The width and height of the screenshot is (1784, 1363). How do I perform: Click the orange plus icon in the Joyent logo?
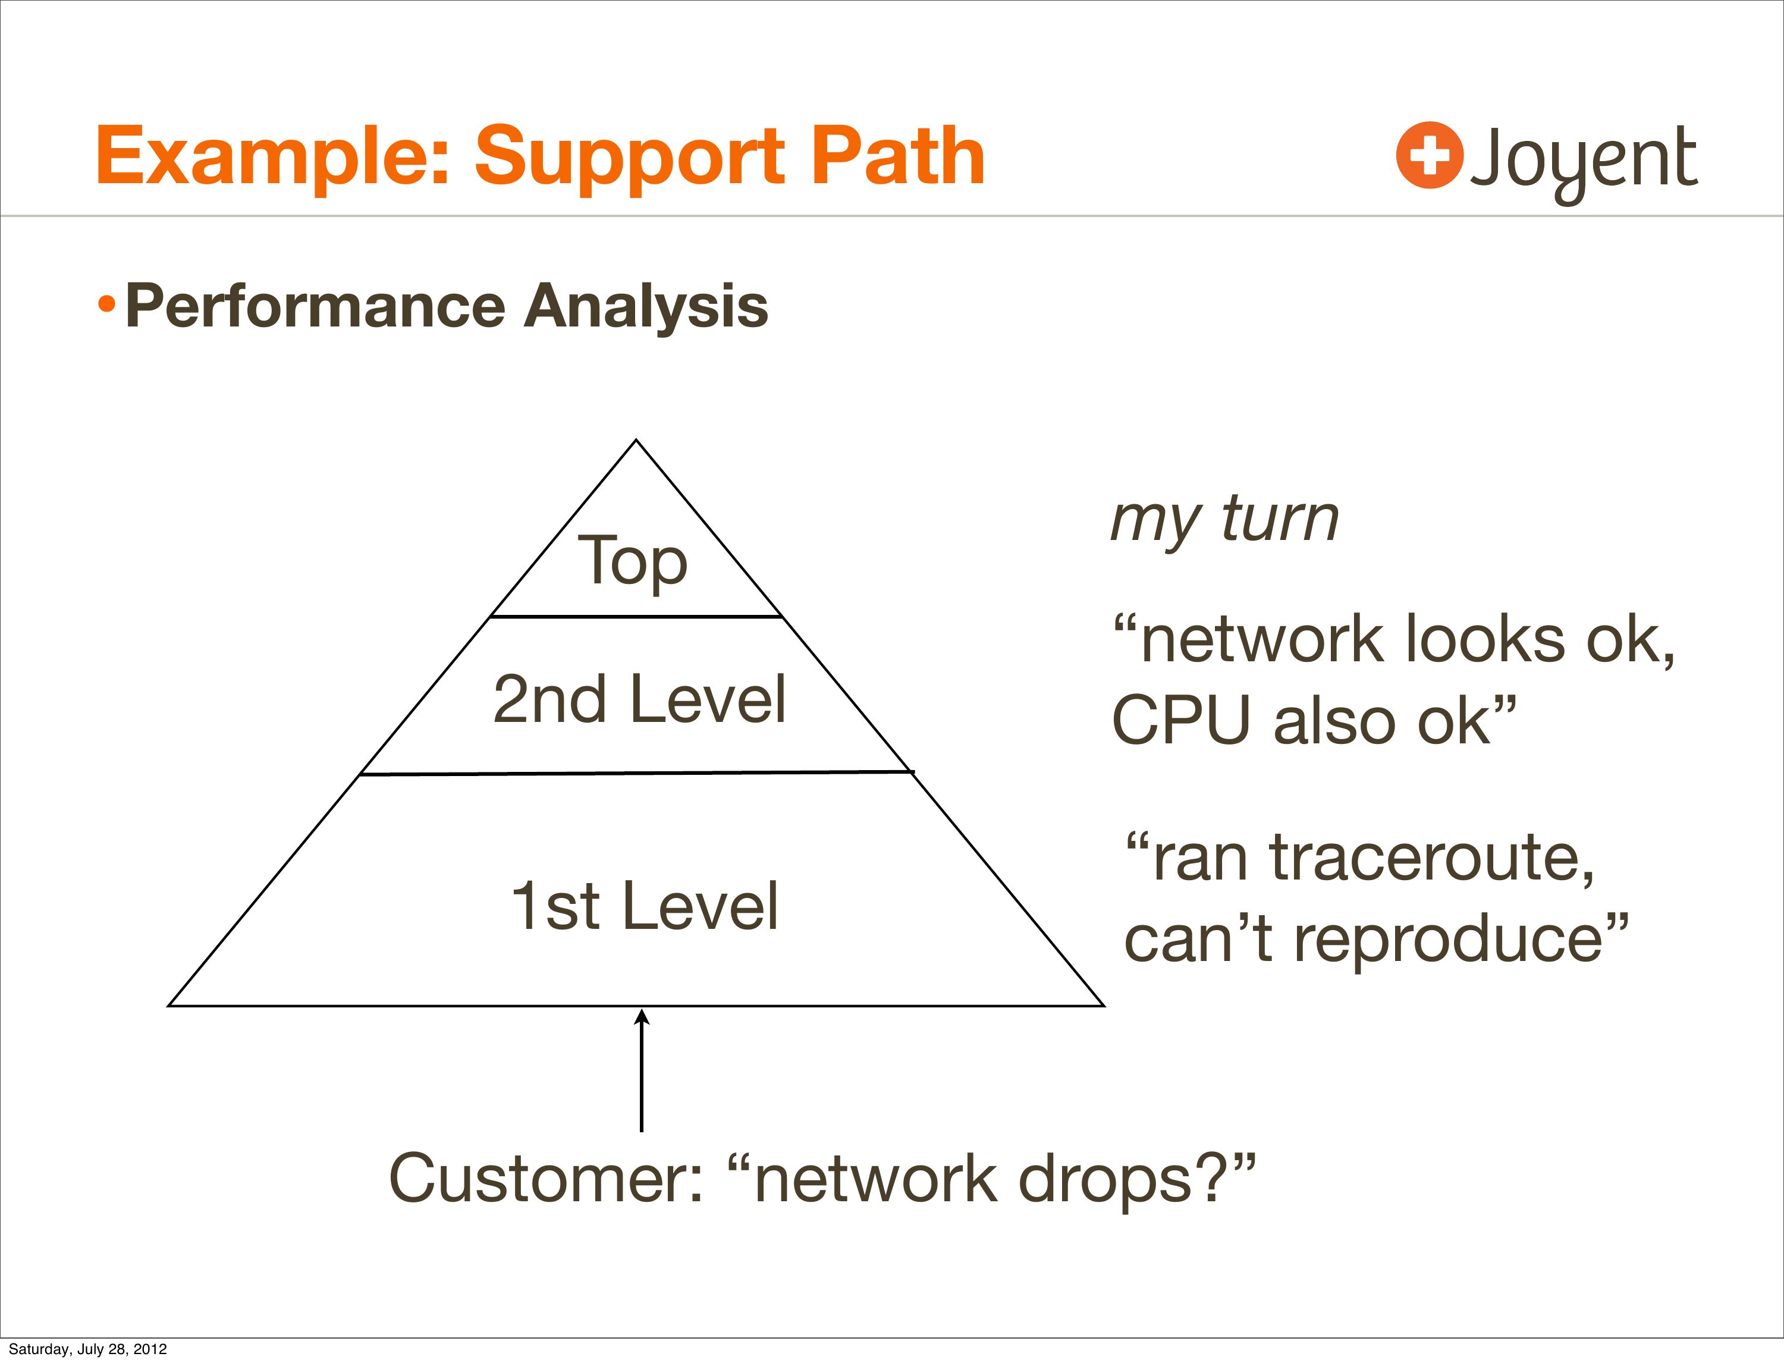click(x=1430, y=155)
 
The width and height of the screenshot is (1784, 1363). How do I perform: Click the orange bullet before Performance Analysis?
click(x=106, y=306)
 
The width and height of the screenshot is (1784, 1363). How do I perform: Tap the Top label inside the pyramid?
click(x=632, y=561)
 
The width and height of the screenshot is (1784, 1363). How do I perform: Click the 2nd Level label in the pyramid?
click(x=639, y=699)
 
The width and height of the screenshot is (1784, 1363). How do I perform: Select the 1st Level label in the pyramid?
click(x=644, y=906)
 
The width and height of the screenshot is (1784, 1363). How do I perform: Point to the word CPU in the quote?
click(x=1180, y=720)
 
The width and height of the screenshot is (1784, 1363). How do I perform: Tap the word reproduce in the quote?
click(x=1447, y=938)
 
